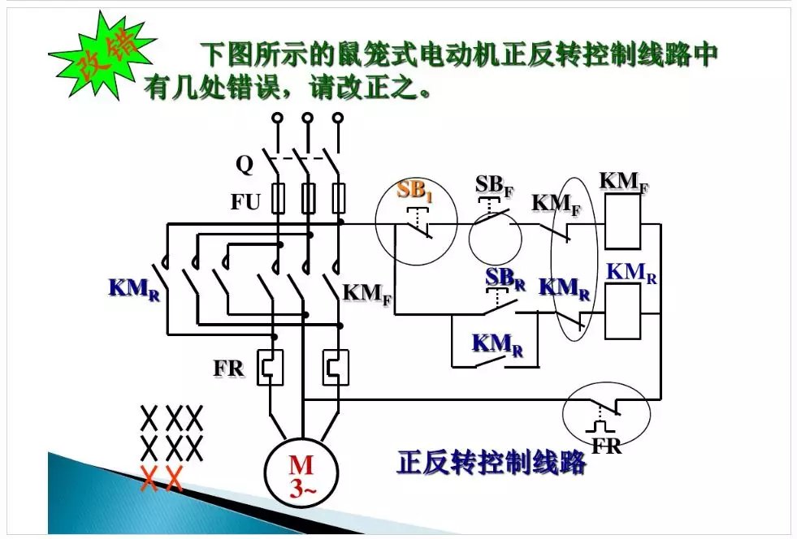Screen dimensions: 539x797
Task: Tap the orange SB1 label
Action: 415,192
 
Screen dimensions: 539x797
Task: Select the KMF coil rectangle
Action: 619,221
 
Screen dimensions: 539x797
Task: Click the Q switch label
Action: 245,165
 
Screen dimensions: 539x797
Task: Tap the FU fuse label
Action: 245,201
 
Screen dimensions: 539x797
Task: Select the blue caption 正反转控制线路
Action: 491,462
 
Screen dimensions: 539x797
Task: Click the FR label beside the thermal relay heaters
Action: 229,368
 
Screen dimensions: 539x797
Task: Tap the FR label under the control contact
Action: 606,445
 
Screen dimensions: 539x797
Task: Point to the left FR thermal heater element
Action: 269,367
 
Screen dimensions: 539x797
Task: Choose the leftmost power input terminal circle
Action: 277,119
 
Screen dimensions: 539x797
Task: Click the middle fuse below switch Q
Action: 308,197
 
